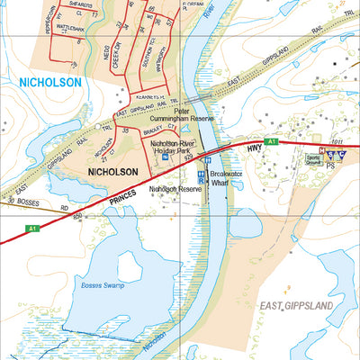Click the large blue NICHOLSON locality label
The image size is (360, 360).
tap(49, 82)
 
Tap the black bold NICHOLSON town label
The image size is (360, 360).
tap(112, 171)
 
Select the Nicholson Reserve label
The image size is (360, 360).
tap(175, 189)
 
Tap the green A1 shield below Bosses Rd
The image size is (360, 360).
tap(32, 228)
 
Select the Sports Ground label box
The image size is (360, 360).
tap(313, 160)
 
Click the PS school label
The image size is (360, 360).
tap(330, 166)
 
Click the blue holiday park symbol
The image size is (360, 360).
tap(164, 157)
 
